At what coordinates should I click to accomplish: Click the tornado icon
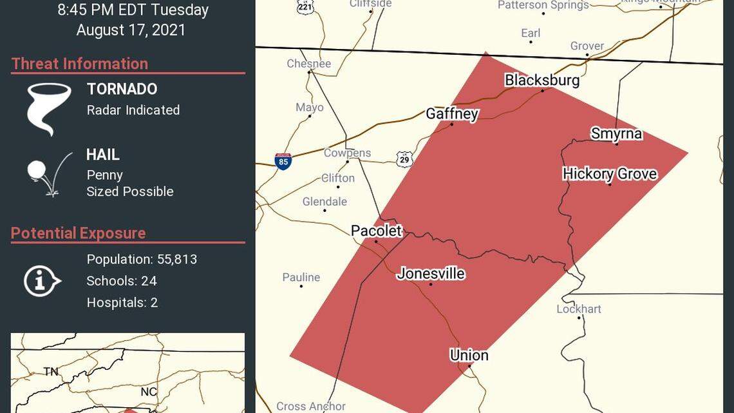(49, 108)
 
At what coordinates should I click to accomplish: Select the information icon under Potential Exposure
(42, 281)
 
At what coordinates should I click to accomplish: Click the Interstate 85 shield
(283, 161)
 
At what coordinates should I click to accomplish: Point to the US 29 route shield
(404, 159)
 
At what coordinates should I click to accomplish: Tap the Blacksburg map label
(541, 80)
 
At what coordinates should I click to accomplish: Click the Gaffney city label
(452, 114)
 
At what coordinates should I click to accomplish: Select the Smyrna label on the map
(616, 133)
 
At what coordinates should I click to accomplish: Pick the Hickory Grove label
(609, 174)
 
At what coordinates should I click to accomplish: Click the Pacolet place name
(376, 231)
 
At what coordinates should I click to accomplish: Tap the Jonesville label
(431, 273)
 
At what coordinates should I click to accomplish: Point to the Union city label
(469, 355)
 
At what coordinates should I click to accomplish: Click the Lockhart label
(578, 309)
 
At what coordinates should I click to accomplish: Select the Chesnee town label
(308, 63)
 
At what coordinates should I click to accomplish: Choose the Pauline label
(301, 277)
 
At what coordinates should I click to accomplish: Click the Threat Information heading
(80, 64)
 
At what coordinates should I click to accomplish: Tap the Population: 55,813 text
(142, 259)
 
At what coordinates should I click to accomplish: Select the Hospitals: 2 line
(122, 302)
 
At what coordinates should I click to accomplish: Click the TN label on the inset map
(50, 371)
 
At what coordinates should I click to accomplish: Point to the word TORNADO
(122, 89)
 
